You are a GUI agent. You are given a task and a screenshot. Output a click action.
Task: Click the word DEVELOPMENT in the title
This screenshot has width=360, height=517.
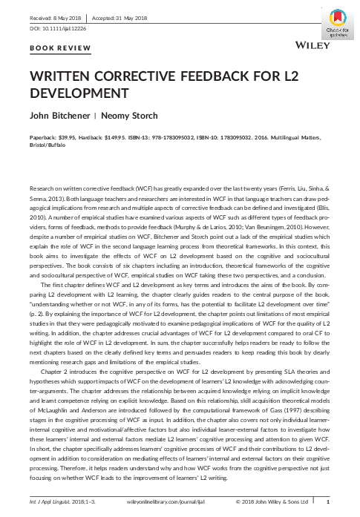[75, 95]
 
